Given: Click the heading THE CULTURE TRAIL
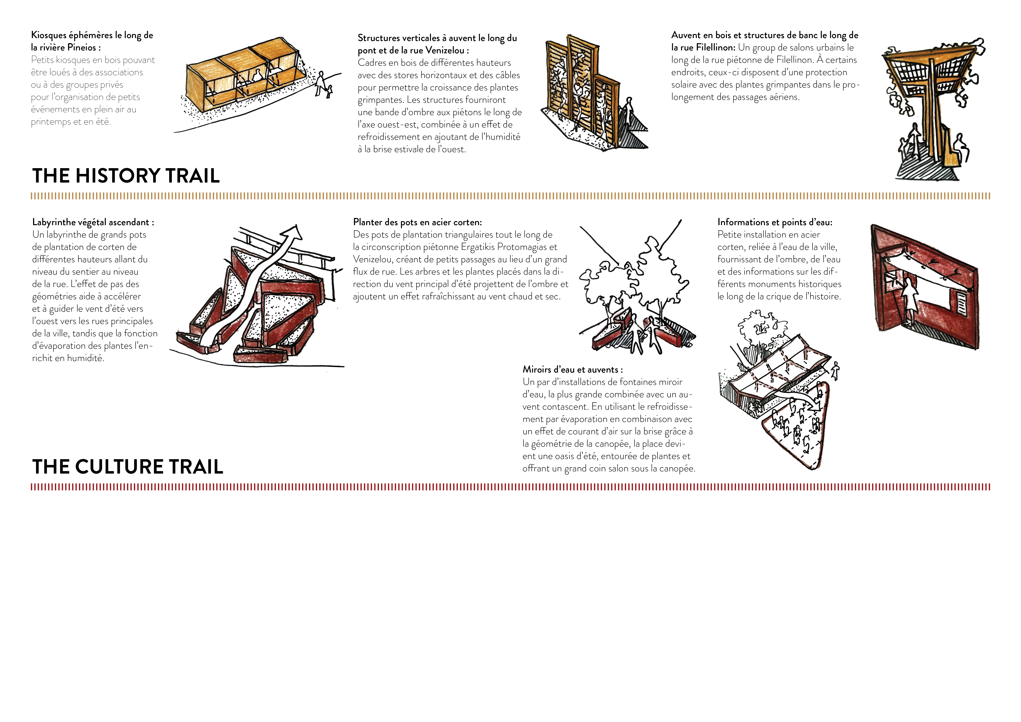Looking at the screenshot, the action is tap(128, 467).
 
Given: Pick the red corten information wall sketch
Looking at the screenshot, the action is tap(925, 287).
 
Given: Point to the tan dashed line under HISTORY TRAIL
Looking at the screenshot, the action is tap(510, 196).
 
